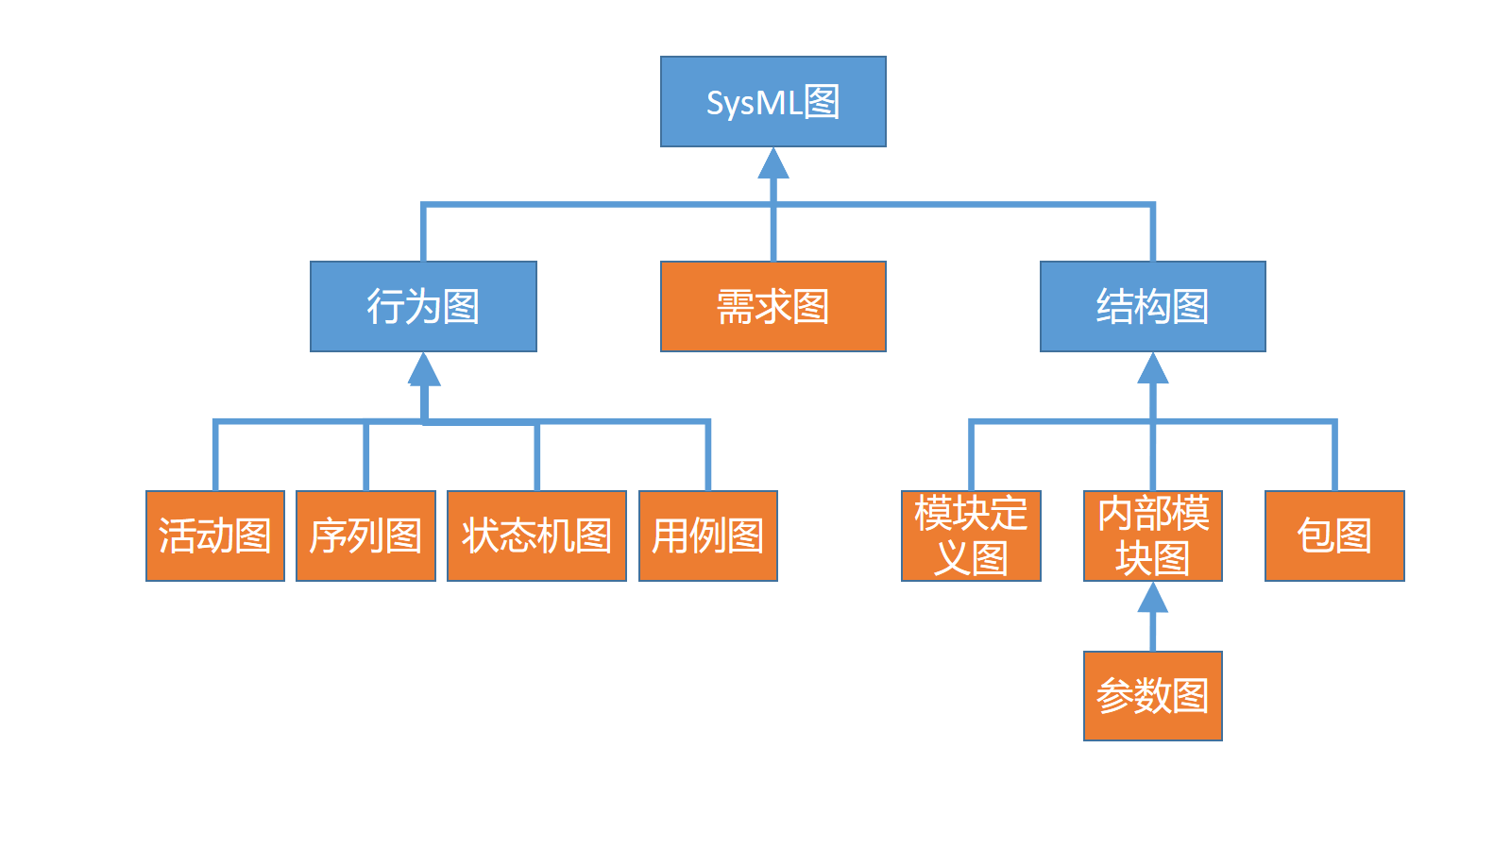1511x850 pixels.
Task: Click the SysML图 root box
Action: [x=772, y=101]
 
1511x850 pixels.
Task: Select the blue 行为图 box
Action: [x=423, y=306]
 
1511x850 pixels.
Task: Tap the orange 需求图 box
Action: [x=772, y=306]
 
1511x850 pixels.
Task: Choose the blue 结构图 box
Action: [x=1152, y=306]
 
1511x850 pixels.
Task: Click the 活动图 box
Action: [x=215, y=535]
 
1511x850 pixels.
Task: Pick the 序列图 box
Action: [x=365, y=535]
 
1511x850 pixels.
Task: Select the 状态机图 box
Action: [x=536, y=535]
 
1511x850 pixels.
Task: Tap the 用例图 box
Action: [x=707, y=535]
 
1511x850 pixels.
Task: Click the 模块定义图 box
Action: [x=971, y=535]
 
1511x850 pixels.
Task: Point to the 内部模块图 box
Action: [x=1152, y=535]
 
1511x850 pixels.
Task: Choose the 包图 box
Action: [x=1334, y=535]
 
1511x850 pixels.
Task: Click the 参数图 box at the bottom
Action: [x=1152, y=696]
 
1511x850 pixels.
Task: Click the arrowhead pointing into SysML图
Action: [x=773, y=164]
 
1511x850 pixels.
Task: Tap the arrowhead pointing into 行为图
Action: [x=424, y=370]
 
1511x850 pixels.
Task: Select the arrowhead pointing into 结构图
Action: [x=1153, y=369]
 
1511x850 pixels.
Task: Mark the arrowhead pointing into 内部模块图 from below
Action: [x=1152, y=598]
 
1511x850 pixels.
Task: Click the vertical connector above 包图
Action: [x=1334, y=458]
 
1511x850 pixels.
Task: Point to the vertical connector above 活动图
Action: [x=215, y=458]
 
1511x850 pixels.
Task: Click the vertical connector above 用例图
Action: [x=707, y=458]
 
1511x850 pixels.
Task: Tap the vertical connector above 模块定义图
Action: [x=971, y=458]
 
